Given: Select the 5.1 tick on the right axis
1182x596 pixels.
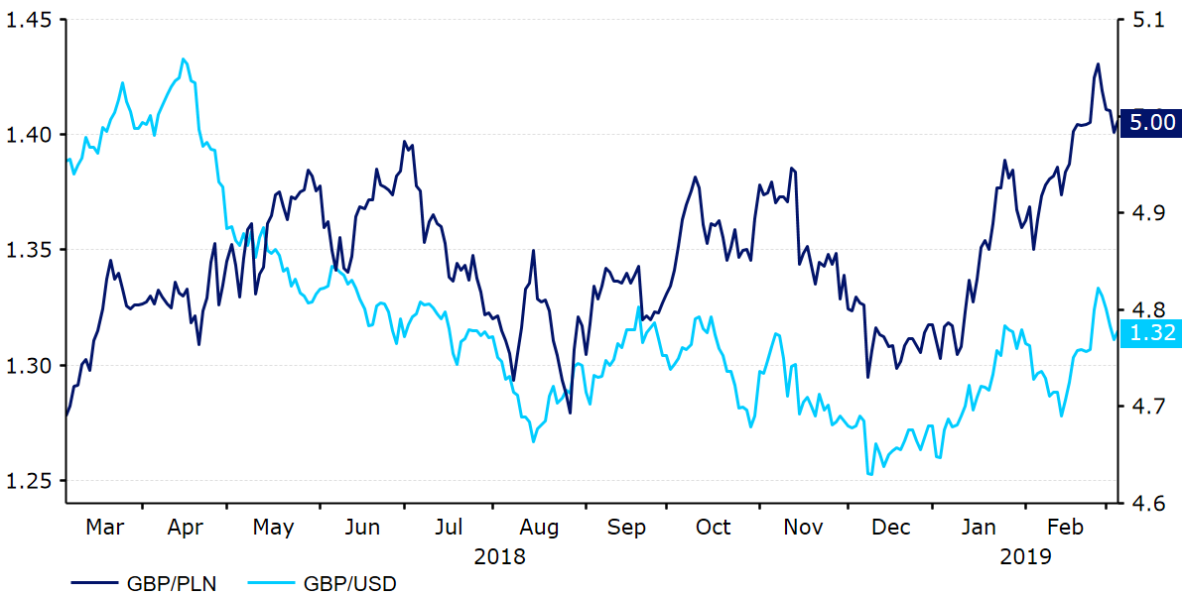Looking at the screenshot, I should [x=1141, y=20].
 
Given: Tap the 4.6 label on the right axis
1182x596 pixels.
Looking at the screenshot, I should [x=1141, y=504].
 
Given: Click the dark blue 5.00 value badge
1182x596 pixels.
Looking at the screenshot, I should [x=1152, y=122].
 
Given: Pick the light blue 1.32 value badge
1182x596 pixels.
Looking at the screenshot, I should [x=1152, y=332].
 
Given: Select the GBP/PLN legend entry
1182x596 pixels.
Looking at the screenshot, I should [x=143, y=584].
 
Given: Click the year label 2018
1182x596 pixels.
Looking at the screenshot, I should [x=499, y=556].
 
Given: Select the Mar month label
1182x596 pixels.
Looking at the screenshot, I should [x=104, y=528].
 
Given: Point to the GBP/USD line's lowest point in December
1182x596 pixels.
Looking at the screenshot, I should [x=870, y=474].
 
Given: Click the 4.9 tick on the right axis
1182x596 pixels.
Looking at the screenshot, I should [x=1141, y=213].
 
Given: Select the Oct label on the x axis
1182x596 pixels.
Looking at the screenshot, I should [x=713, y=528].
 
